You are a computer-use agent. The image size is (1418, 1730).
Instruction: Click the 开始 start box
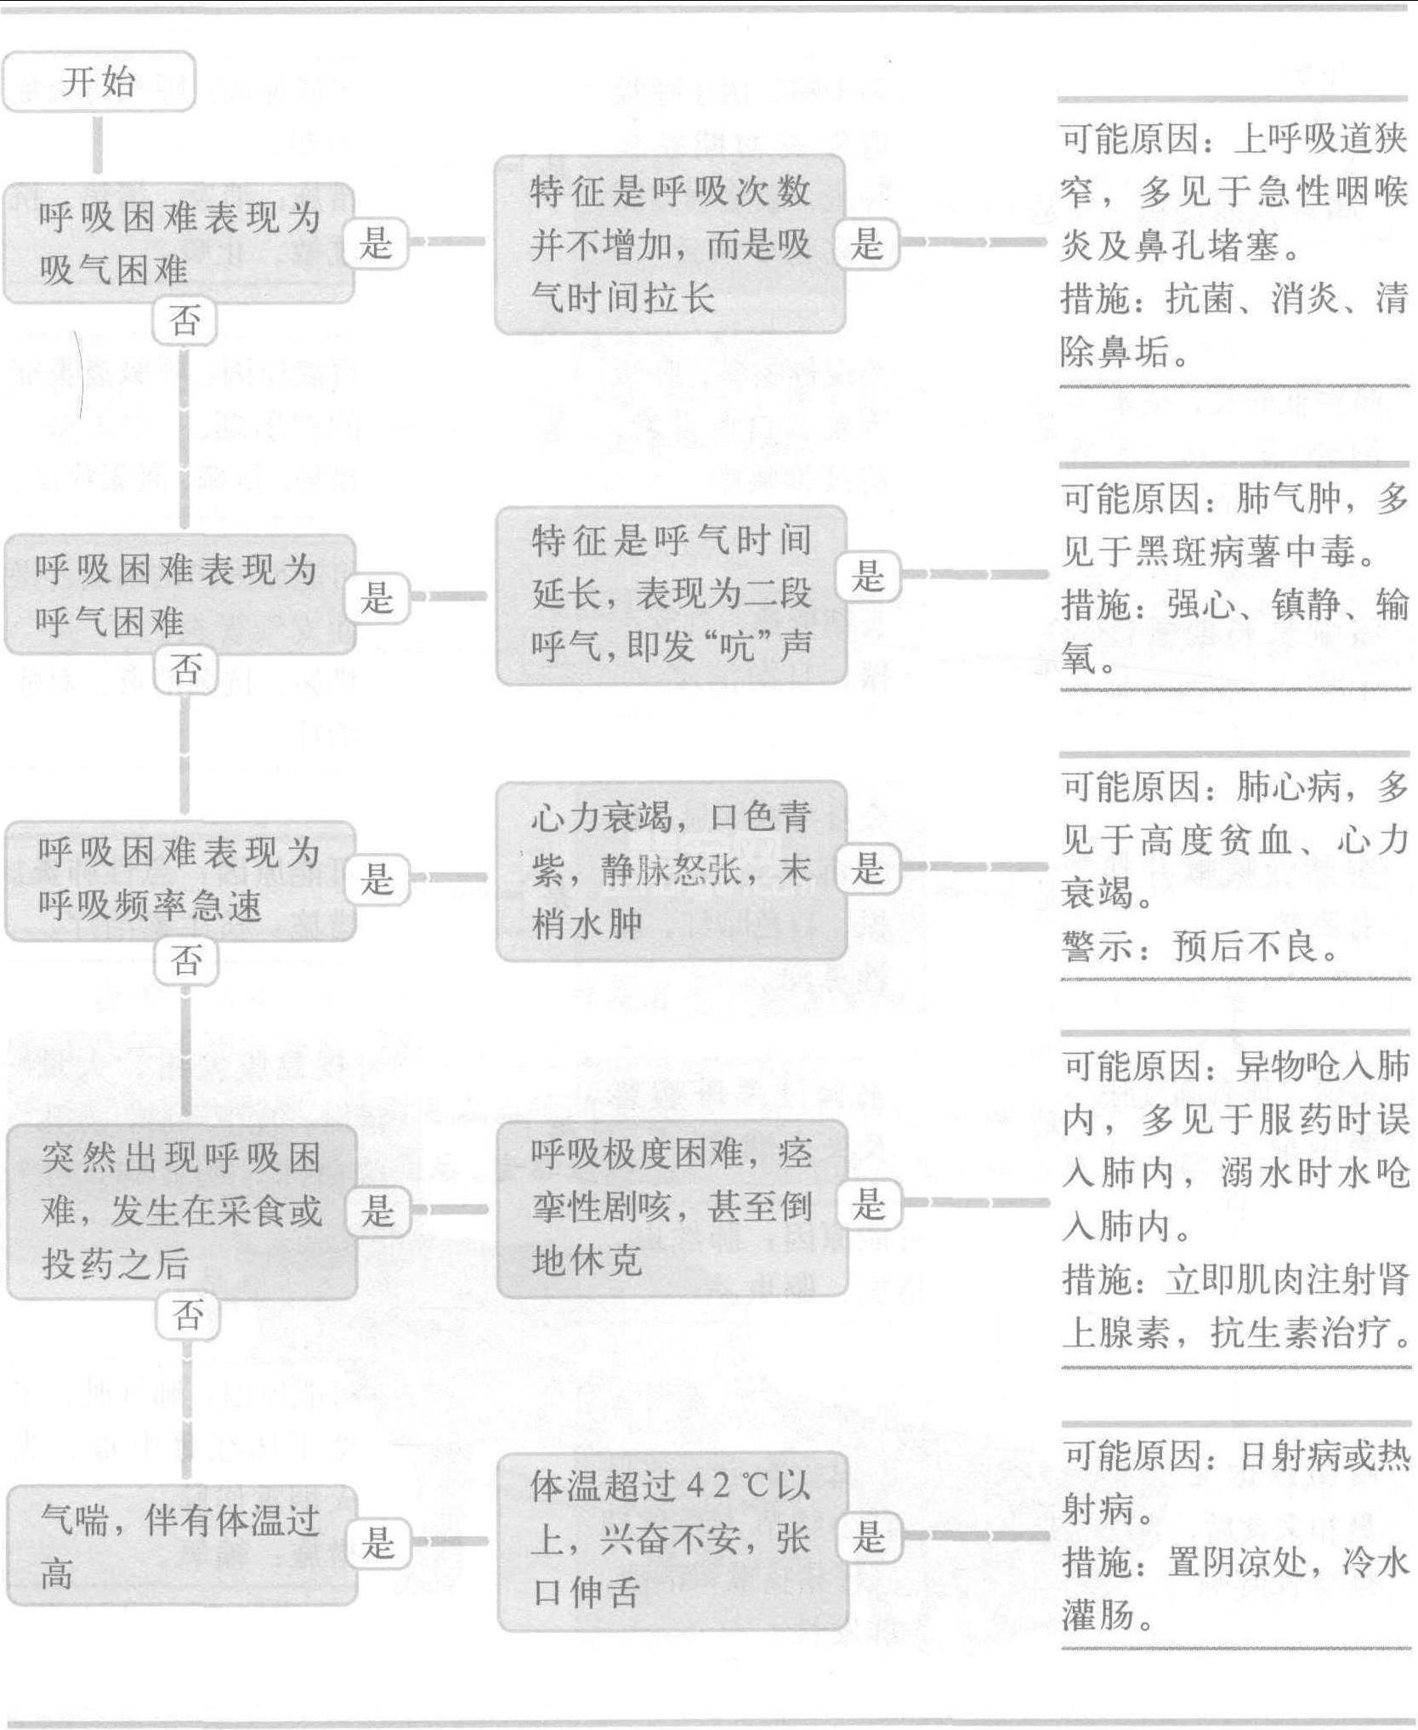click(x=99, y=82)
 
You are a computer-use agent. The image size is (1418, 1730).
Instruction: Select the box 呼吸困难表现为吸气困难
click(x=179, y=243)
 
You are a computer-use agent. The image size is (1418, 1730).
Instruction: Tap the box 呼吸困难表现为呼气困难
click(x=179, y=595)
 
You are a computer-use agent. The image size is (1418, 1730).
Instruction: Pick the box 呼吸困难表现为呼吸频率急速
click(x=180, y=880)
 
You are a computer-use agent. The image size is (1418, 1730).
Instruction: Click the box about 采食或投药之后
click(x=182, y=1211)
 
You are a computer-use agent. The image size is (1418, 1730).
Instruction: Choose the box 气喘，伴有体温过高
click(x=182, y=1545)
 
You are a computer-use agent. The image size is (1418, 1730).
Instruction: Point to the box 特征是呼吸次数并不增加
click(x=670, y=244)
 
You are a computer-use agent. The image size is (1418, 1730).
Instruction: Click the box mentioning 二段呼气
click(x=672, y=595)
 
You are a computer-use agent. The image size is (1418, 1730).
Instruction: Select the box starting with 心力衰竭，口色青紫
click(x=672, y=871)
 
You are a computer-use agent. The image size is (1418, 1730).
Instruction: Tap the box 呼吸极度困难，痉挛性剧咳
click(x=672, y=1208)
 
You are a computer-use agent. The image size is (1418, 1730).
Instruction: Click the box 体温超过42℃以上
click(x=673, y=1540)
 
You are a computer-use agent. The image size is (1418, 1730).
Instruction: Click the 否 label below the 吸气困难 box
click(x=185, y=321)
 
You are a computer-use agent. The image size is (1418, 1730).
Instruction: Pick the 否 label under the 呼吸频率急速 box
click(x=187, y=961)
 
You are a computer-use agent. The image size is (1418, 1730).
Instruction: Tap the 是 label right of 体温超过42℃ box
click(x=869, y=1538)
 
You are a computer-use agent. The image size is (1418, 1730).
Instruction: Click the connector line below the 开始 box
click(x=99, y=145)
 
